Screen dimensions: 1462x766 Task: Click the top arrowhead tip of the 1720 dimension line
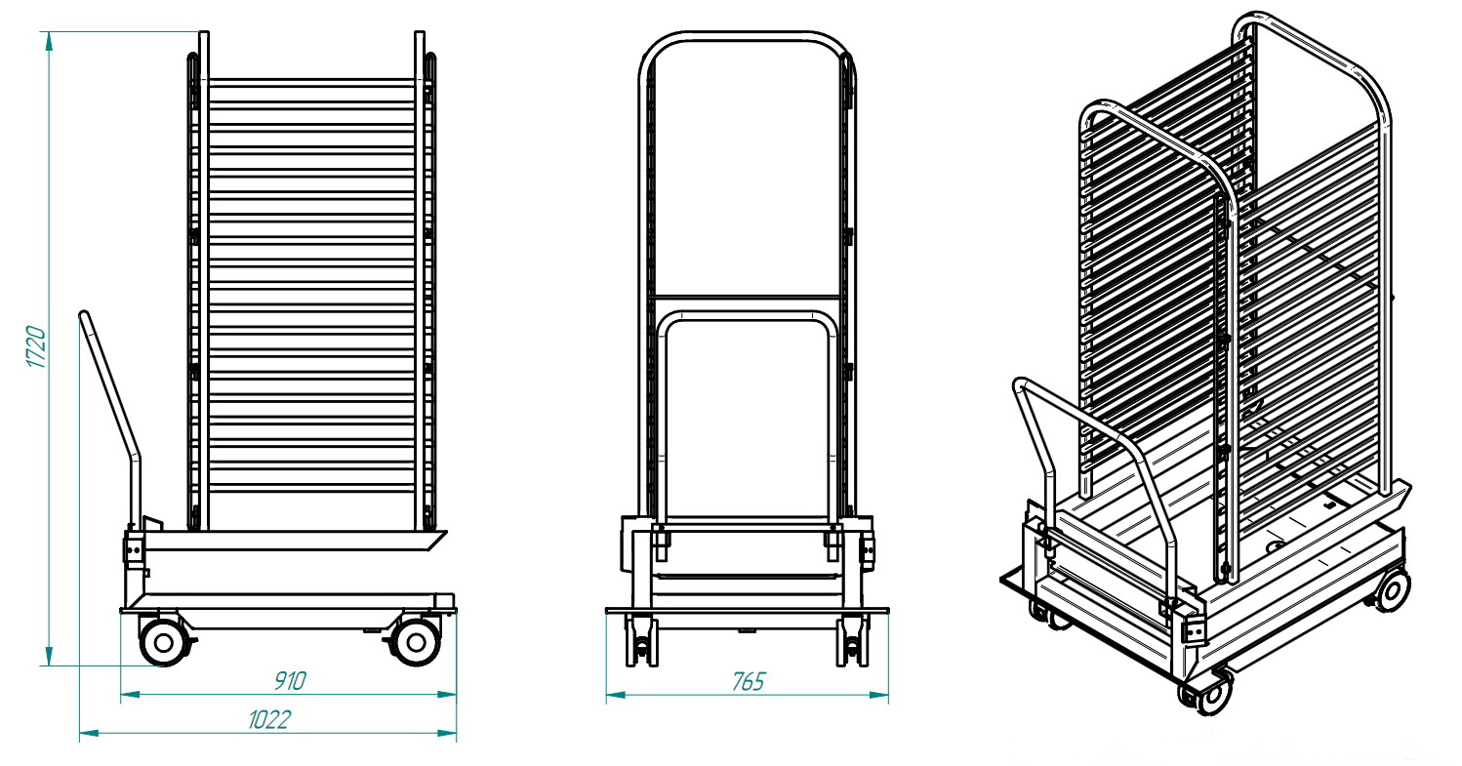49,32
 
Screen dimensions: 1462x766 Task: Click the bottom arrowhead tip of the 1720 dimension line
49,665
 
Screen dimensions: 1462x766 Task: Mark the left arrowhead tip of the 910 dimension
121,694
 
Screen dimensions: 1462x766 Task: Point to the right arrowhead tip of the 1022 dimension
456,734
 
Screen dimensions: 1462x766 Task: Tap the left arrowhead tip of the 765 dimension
606,695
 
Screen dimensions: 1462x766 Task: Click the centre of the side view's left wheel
163,643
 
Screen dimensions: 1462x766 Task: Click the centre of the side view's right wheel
416,643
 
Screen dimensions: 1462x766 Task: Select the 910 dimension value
289,680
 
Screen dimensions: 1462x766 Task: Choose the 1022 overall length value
269,720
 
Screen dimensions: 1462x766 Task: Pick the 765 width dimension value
748,681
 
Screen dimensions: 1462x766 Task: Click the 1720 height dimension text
36,347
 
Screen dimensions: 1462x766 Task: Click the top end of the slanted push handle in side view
84,314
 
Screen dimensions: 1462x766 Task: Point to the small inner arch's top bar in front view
748,316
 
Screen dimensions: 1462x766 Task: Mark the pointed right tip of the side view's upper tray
447,532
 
